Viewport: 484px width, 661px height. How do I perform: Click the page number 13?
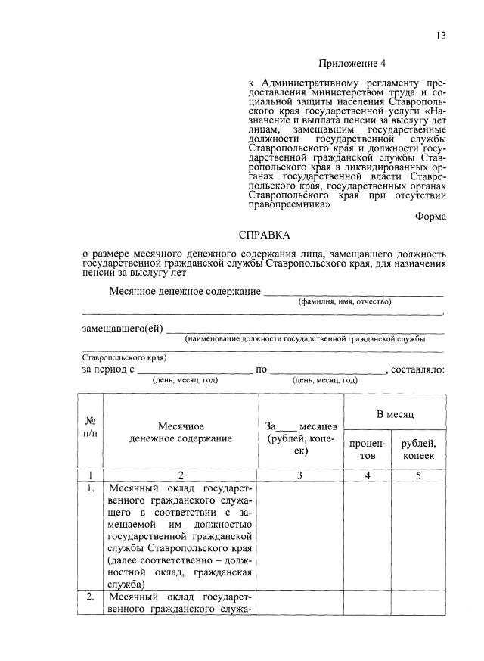[441, 36]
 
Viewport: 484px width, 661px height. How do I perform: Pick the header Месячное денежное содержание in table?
[181, 432]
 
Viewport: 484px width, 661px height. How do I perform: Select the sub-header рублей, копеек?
[418, 449]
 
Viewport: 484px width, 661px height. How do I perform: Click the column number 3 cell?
[300, 475]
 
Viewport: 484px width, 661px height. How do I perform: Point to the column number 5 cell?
[418, 475]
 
